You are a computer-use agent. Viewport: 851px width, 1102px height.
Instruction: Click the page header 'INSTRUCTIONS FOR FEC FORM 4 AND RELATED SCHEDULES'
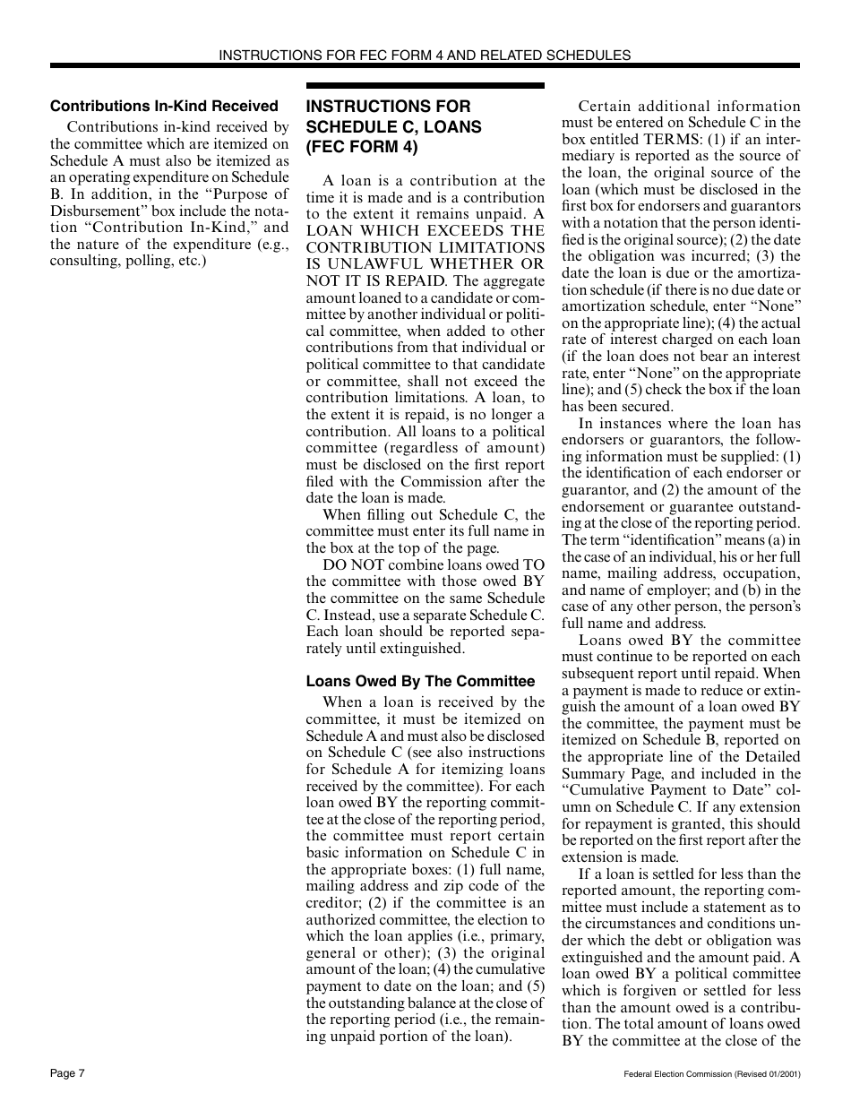pyautogui.click(x=425, y=55)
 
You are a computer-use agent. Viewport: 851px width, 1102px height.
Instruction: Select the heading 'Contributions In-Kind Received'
pyautogui.click(x=164, y=106)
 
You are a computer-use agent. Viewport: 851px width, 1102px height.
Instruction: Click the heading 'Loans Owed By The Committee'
pyautogui.click(x=420, y=681)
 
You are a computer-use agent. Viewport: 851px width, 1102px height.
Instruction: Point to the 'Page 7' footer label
pyautogui.click(x=67, y=1072)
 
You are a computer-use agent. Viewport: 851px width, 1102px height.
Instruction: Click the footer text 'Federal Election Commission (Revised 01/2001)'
pyautogui.click(x=711, y=1073)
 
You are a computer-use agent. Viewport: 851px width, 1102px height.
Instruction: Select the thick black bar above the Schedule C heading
pyautogui.click(x=425, y=85)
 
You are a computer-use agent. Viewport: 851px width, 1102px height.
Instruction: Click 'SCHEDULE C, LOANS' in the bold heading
pyautogui.click(x=393, y=126)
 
